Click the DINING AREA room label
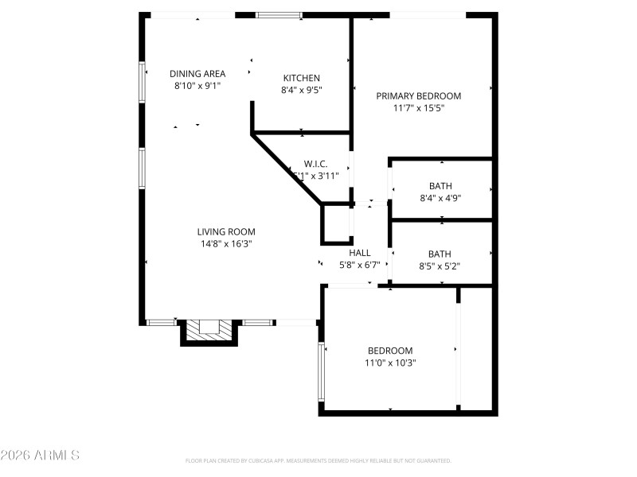click(197, 74)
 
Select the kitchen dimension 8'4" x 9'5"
click(301, 90)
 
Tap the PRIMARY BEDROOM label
click(418, 95)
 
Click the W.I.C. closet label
click(315, 163)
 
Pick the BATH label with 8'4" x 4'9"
click(440, 186)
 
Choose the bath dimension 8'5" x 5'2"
click(440, 266)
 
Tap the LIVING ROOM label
click(226, 232)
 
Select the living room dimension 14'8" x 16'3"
click(226, 244)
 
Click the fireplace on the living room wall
click(209, 330)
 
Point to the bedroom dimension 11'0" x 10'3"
click(390, 363)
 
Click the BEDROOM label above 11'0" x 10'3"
click(390, 351)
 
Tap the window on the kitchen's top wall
click(279, 14)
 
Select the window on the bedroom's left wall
click(321, 371)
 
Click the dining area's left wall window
click(143, 82)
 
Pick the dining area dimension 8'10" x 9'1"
click(197, 86)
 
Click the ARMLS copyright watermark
click(40, 456)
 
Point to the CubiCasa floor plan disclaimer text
click(318, 460)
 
